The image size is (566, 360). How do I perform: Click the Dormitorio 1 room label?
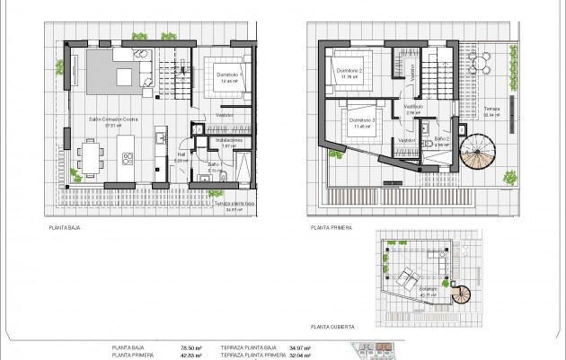tap(226, 75)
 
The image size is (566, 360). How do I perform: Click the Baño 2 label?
tap(441, 139)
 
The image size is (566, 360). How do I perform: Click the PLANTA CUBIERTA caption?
tap(331, 328)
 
